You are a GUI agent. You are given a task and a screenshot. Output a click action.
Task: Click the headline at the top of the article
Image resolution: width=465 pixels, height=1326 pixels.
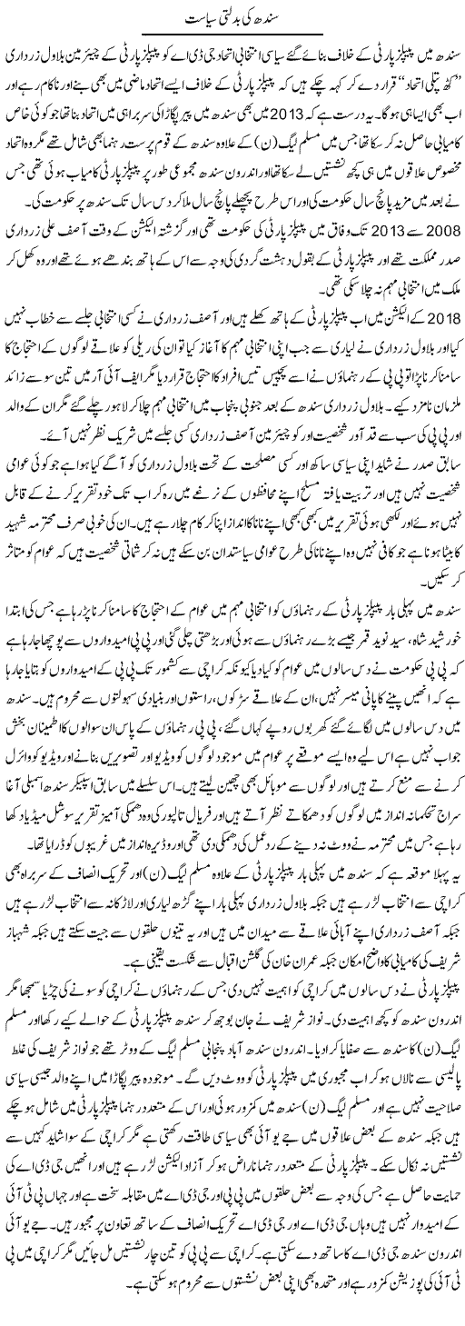point(232,17)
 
